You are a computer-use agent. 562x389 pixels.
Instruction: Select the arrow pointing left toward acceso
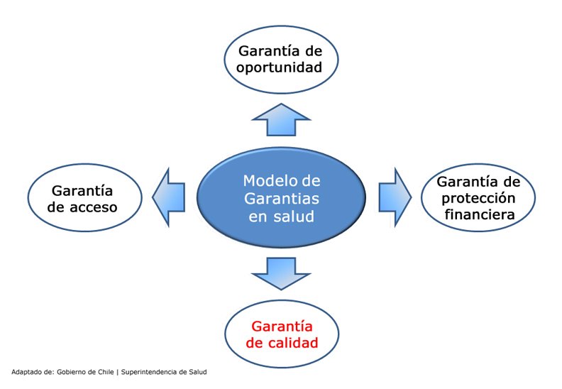(x=169, y=197)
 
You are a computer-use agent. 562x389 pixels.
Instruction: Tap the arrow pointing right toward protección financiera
(x=395, y=197)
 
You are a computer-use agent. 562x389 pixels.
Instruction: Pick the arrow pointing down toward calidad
(x=282, y=273)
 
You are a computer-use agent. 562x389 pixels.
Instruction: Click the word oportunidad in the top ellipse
(x=279, y=67)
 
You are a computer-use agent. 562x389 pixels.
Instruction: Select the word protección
(x=478, y=199)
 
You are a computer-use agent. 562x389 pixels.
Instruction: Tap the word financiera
(x=480, y=214)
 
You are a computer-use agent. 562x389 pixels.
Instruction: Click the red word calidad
(x=293, y=342)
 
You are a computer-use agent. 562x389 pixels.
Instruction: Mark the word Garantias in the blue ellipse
(x=282, y=198)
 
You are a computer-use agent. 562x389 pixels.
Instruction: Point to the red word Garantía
(x=282, y=327)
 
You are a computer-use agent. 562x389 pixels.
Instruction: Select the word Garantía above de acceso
(x=82, y=191)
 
